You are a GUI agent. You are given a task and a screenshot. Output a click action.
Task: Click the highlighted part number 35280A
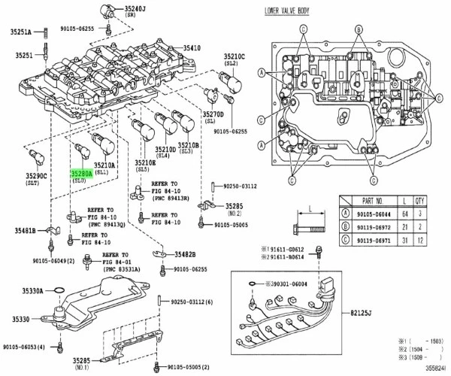coord(81,173)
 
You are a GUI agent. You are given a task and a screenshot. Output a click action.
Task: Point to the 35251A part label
coord(20,32)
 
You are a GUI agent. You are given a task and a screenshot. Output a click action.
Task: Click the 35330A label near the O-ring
coord(32,290)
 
